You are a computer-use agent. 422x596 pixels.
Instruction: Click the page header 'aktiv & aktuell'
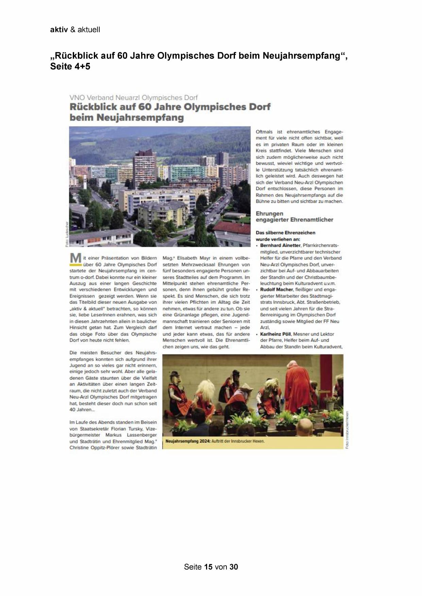[75, 30]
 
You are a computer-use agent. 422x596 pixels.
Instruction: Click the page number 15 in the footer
[208, 567]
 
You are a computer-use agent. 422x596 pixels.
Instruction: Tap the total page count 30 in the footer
[234, 567]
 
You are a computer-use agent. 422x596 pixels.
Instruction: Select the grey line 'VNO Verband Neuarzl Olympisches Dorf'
[133, 98]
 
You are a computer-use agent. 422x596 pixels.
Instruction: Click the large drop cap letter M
[75, 259]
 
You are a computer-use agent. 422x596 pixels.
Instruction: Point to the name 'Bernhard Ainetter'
[280, 245]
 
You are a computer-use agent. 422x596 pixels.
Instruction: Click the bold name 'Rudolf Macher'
[276, 290]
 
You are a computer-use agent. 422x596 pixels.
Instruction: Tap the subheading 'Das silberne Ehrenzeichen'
[285, 233]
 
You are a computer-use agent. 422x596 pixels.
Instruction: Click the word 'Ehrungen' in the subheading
[269, 213]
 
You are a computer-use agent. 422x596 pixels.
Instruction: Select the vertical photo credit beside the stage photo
[347, 430]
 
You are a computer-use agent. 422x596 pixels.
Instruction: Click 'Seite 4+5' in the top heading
[70, 66]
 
